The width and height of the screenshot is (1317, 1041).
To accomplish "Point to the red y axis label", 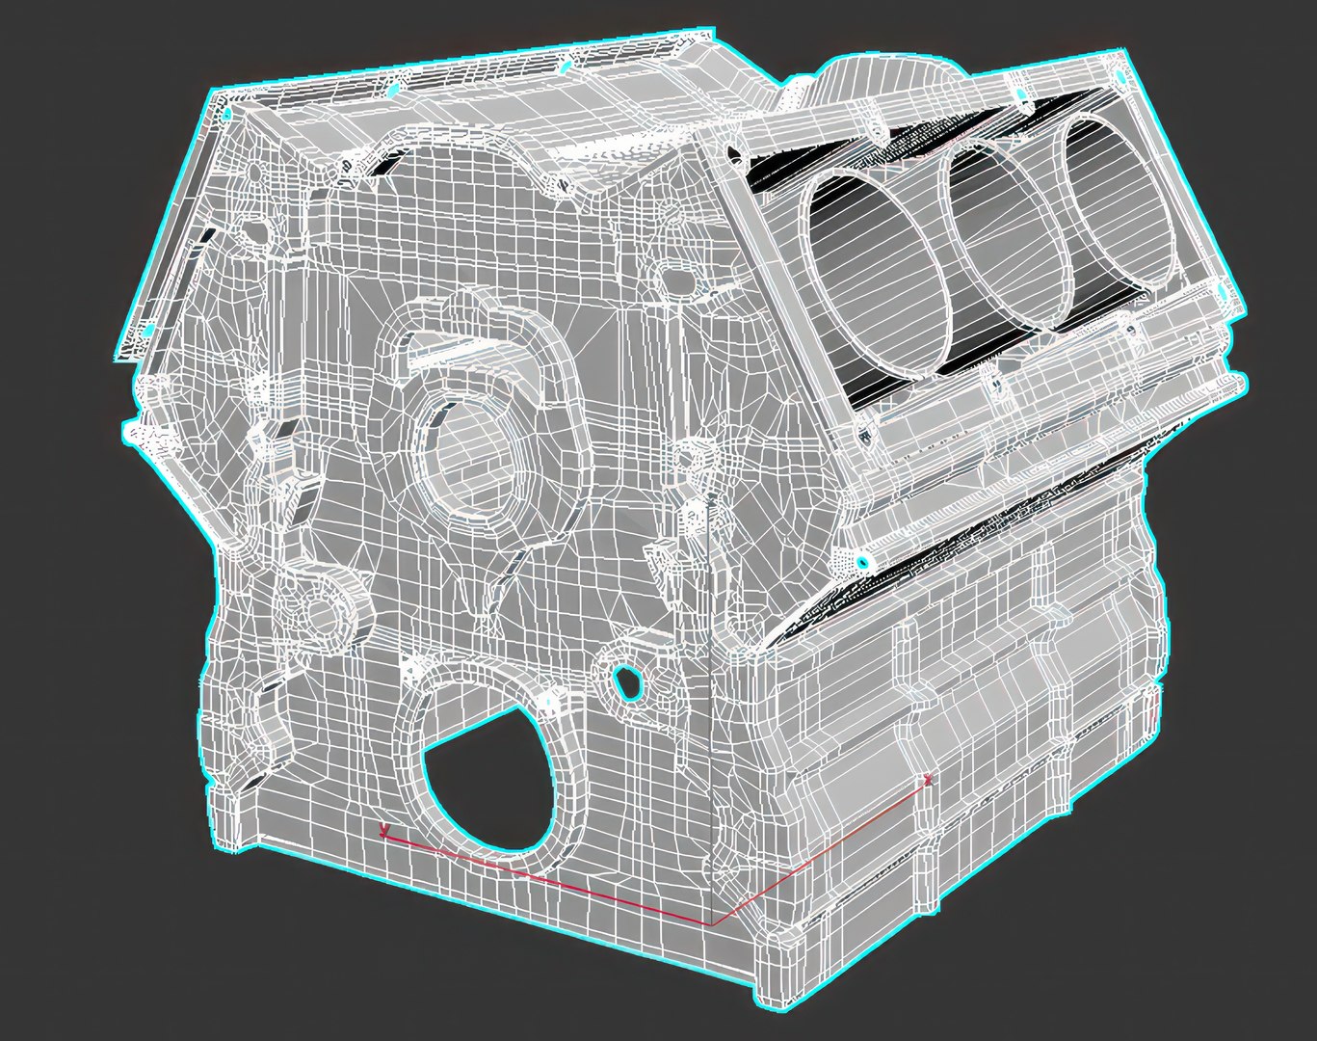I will coord(384,829).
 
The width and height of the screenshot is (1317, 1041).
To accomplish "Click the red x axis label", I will coord(927,778).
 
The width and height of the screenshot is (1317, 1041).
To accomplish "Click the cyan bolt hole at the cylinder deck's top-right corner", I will coord(1118,76).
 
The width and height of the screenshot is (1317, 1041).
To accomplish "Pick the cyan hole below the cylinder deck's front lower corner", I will coord(862,561).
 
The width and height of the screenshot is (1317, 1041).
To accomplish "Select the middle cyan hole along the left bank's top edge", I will coord(392,90).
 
